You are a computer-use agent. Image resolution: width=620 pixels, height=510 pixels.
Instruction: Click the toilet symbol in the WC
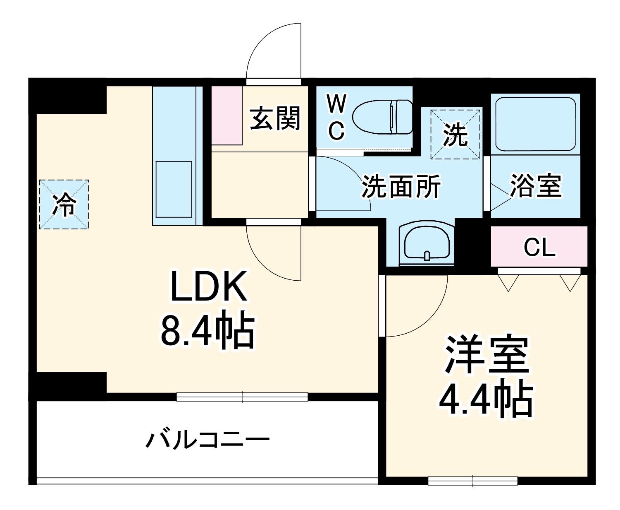(382, 117)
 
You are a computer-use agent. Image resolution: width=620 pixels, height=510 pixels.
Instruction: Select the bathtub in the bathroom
(535, 124)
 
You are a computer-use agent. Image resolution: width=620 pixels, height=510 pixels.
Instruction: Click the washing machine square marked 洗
(455, 134)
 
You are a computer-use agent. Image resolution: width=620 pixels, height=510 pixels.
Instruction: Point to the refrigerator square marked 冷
(64, 204)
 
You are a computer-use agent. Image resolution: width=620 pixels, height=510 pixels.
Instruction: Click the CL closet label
(539, 247)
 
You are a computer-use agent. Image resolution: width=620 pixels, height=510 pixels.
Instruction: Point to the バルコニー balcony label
(207, 440)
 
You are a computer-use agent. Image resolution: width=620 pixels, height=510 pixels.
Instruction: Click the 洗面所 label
(401, 187)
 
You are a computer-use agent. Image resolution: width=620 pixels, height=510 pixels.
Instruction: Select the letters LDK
(209, 286)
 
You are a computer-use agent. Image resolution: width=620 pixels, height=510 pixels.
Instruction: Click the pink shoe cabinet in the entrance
(227, 115)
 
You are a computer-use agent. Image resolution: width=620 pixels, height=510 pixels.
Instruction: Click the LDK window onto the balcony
(242, 397)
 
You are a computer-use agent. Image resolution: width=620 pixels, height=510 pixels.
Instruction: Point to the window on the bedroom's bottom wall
(472, 481)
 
